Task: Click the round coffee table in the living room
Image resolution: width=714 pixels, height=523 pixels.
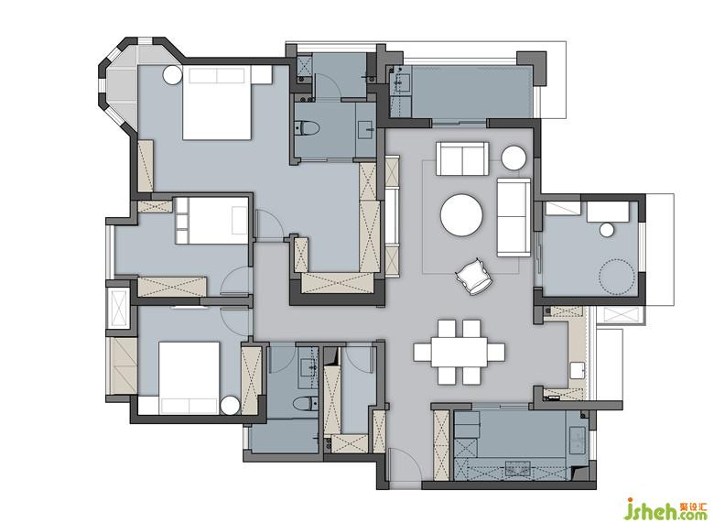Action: point(461,215)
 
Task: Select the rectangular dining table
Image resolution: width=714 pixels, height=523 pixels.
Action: point(459,351)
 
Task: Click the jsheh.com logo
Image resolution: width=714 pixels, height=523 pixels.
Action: point(667,507)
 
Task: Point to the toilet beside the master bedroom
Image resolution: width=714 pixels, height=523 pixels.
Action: point(308,128)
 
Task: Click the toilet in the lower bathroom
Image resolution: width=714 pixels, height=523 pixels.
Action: point(306,404)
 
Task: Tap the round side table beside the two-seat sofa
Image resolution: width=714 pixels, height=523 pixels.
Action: point(514,158)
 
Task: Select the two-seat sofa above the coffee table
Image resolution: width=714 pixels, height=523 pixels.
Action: point(462,158)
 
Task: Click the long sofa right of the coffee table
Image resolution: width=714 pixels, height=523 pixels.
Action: point(514,217)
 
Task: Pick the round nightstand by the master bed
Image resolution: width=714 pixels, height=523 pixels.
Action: point(173,75)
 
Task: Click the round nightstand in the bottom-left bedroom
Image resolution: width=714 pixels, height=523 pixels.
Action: point(230,406)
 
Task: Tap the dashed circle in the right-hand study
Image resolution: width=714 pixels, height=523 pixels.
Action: point(617,276)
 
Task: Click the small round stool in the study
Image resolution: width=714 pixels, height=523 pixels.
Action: point(607,230)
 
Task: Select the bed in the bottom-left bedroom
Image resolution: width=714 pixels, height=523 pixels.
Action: point(189,377)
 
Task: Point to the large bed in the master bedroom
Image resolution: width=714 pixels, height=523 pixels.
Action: point(217,103)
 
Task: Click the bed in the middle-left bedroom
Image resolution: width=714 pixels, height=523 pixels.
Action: point(211,220)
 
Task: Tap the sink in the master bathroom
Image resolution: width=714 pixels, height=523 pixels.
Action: point(366,130)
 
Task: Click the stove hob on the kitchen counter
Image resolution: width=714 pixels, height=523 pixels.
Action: point(517,468)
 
